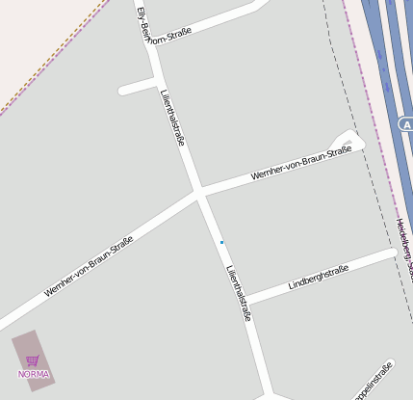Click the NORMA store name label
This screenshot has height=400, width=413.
(x=33, y=374)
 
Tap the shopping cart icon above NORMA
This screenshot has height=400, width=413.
(x=33, y=360)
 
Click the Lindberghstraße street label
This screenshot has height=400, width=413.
(x=319, y=277)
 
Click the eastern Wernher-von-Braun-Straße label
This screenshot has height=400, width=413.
(x=300, y=163)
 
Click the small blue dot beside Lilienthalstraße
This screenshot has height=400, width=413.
(x=221, y=242)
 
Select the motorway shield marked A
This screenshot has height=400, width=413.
(x=406, y=124)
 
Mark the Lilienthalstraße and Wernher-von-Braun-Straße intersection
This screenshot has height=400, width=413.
(x=199, y=193)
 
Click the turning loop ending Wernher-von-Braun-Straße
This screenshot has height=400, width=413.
(x=348, y=142)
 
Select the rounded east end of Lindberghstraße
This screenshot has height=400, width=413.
(x=391, y=253)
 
